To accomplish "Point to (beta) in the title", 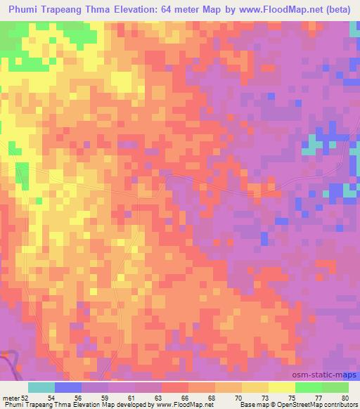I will click(340, 10).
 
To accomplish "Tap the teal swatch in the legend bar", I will click(41, 387).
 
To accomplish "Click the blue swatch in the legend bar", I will click(68, 387).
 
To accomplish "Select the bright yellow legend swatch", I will click(282, 387).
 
